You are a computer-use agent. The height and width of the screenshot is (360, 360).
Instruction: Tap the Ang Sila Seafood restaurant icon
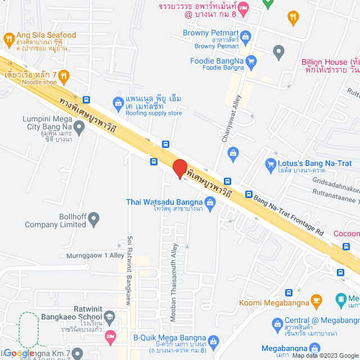8,39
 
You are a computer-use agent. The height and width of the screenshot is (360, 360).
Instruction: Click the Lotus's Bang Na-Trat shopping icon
269,165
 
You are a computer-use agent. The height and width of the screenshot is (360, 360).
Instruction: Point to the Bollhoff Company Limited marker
94,217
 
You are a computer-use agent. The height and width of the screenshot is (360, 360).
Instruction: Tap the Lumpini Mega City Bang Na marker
79,127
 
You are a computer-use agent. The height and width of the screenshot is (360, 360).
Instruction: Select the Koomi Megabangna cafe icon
316,299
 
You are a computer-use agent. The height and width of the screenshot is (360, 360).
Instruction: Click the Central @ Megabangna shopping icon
277,324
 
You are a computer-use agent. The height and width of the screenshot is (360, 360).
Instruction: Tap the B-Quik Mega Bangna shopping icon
213,341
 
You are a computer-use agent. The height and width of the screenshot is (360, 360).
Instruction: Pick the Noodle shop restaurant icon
65,75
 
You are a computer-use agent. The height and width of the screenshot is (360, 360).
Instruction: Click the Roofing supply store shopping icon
118,102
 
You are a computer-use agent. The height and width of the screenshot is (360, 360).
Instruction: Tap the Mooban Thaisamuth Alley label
174,276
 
